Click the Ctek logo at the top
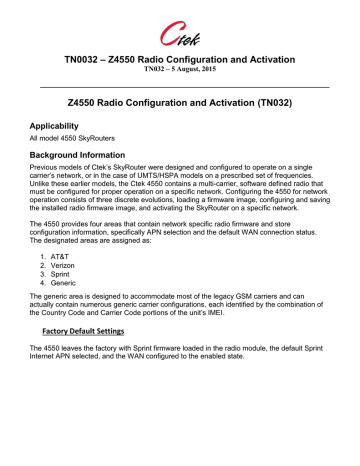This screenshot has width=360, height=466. point(180,23)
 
